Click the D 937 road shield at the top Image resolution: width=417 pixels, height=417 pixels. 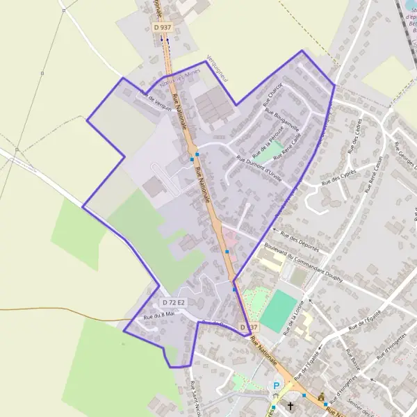[x=161, y=27]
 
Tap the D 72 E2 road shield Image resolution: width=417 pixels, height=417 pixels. [x=174, y=302]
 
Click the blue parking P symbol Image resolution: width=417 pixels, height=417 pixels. [x=277, y=386]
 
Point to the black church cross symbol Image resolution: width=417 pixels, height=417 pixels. [x=290, y=404]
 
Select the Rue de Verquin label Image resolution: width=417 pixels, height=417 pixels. [x=156, y=100]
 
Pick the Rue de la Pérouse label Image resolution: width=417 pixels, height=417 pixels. [x=266, y=139]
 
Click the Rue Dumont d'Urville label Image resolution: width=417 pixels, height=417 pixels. [x=260, y=168]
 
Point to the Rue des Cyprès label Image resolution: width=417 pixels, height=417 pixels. [x=338, y=177]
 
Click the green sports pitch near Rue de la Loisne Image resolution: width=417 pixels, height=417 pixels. [x=279, y=309]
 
